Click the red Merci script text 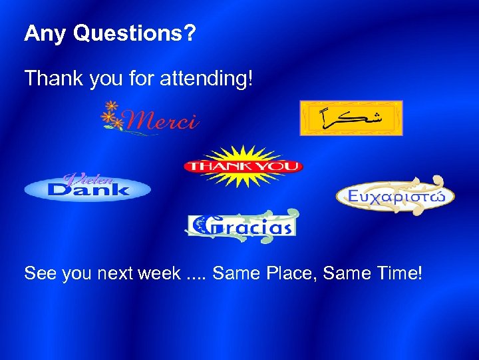coord(162,121)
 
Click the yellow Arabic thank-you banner coord(351,118)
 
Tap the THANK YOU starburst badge coord(243,166)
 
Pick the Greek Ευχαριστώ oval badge coord(395,195)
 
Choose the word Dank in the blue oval coord(88,191)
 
